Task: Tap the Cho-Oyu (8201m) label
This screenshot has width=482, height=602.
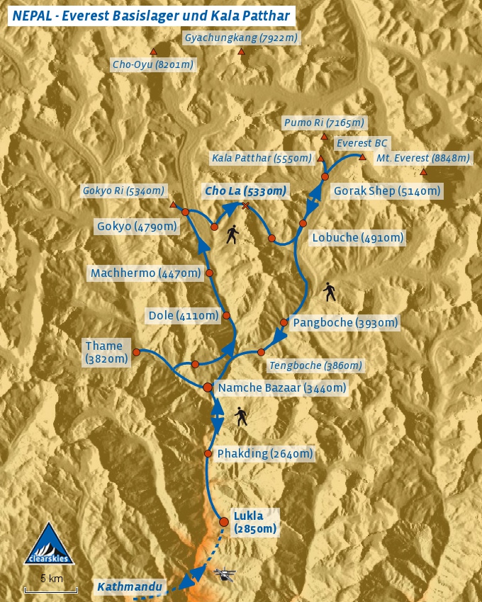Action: [152, 64]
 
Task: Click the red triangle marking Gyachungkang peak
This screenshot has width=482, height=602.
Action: [242, 52]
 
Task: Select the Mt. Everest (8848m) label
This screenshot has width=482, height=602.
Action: [422, 158]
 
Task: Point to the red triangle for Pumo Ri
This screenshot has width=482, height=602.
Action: [325, 137]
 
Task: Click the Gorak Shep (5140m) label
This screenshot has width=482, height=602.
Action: [386, 191]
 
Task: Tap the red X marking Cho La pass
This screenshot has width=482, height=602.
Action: [246, 205]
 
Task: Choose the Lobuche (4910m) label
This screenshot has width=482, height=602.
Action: [357, 237]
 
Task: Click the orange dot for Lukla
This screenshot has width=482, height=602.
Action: [224, 522]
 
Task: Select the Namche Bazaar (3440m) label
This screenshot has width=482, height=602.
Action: [282, 387]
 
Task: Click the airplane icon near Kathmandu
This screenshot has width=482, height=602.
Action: [225, 574]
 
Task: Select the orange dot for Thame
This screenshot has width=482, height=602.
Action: [136, 351]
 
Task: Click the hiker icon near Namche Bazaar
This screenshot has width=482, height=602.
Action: [242, 416]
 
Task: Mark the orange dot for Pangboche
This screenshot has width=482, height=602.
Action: [284, 322]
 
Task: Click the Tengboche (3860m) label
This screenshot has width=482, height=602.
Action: [315, 365]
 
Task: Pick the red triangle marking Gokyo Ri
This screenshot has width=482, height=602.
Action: [173, 205]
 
